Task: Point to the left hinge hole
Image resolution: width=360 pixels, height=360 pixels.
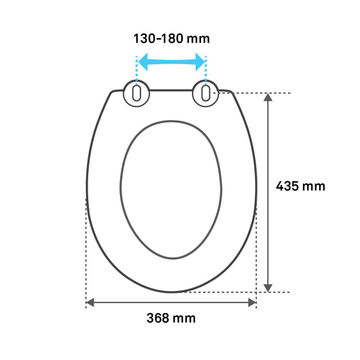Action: [134, 95]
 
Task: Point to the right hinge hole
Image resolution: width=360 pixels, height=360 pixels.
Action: [205, 95]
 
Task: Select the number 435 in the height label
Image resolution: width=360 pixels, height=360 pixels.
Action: [289, 184]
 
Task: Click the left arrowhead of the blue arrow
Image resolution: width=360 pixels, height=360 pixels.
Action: [139, 62]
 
